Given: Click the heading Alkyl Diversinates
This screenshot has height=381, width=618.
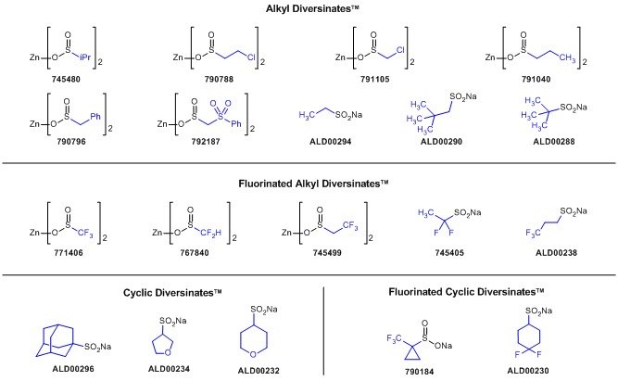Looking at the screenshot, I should tap(309, 10).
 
